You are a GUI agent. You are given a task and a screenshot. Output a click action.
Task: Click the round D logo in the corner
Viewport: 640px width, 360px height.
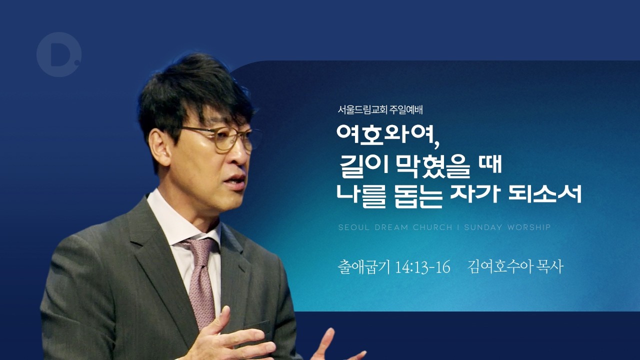pos(58,54)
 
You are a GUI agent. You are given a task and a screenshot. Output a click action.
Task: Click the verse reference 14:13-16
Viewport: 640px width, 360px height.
pos(422,267)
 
